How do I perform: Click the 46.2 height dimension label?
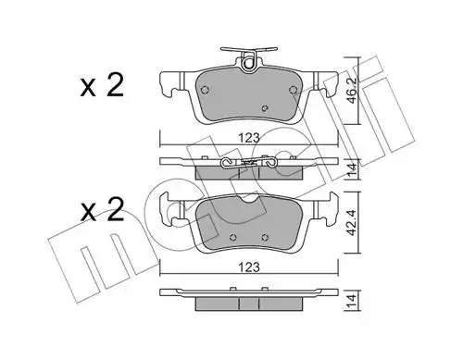353,91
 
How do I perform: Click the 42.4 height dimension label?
353,224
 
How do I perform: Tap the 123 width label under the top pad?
249,138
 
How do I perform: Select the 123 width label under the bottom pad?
249,267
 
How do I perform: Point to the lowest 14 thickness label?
353,300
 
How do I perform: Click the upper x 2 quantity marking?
102,85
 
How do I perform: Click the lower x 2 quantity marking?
102,209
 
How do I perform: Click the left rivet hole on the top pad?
205,90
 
